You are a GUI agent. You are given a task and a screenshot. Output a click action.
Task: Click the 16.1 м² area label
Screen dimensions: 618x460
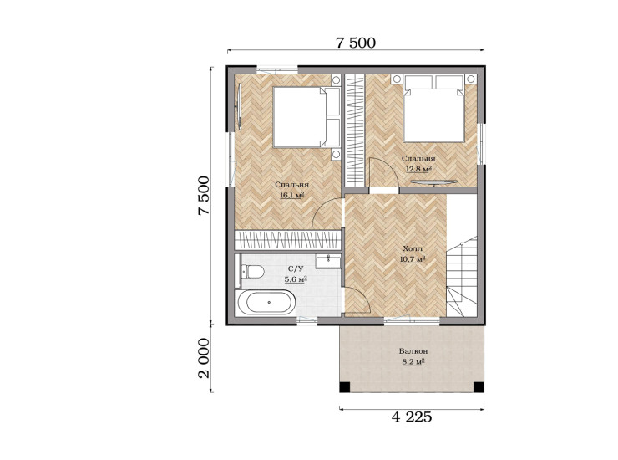coord(291,195)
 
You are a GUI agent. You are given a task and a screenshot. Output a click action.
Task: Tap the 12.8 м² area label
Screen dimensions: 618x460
coord(418,169)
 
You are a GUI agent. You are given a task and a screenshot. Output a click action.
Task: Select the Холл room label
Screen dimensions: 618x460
coord(413,248)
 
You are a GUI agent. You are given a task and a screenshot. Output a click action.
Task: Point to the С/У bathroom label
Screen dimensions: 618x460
coord(296,269)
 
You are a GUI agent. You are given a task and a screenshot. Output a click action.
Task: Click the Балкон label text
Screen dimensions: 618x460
coord(413,351)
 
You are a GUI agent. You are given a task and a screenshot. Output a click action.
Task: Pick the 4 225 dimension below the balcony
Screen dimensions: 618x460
coord(412,417)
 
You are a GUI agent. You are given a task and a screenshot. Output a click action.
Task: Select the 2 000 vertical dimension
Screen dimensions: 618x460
coord(204,358)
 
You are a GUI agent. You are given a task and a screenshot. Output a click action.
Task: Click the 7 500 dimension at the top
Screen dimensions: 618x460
coord(356,43)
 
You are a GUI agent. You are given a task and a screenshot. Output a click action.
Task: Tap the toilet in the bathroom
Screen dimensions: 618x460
coord(253,271)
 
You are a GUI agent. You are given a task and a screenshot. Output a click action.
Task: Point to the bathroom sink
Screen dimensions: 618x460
coord(328,262)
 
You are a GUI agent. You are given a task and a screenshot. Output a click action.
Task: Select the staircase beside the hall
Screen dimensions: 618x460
coord(462,276)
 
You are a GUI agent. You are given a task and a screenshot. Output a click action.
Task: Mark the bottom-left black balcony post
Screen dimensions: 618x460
coord(344,387)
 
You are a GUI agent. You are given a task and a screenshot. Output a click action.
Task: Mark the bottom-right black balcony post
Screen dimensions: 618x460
coord(479,387)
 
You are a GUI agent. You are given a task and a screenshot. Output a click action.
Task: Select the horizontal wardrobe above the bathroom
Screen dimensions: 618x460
coord(287,240)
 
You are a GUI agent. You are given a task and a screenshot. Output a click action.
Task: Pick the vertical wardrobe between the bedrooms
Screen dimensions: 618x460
coord(355,130)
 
